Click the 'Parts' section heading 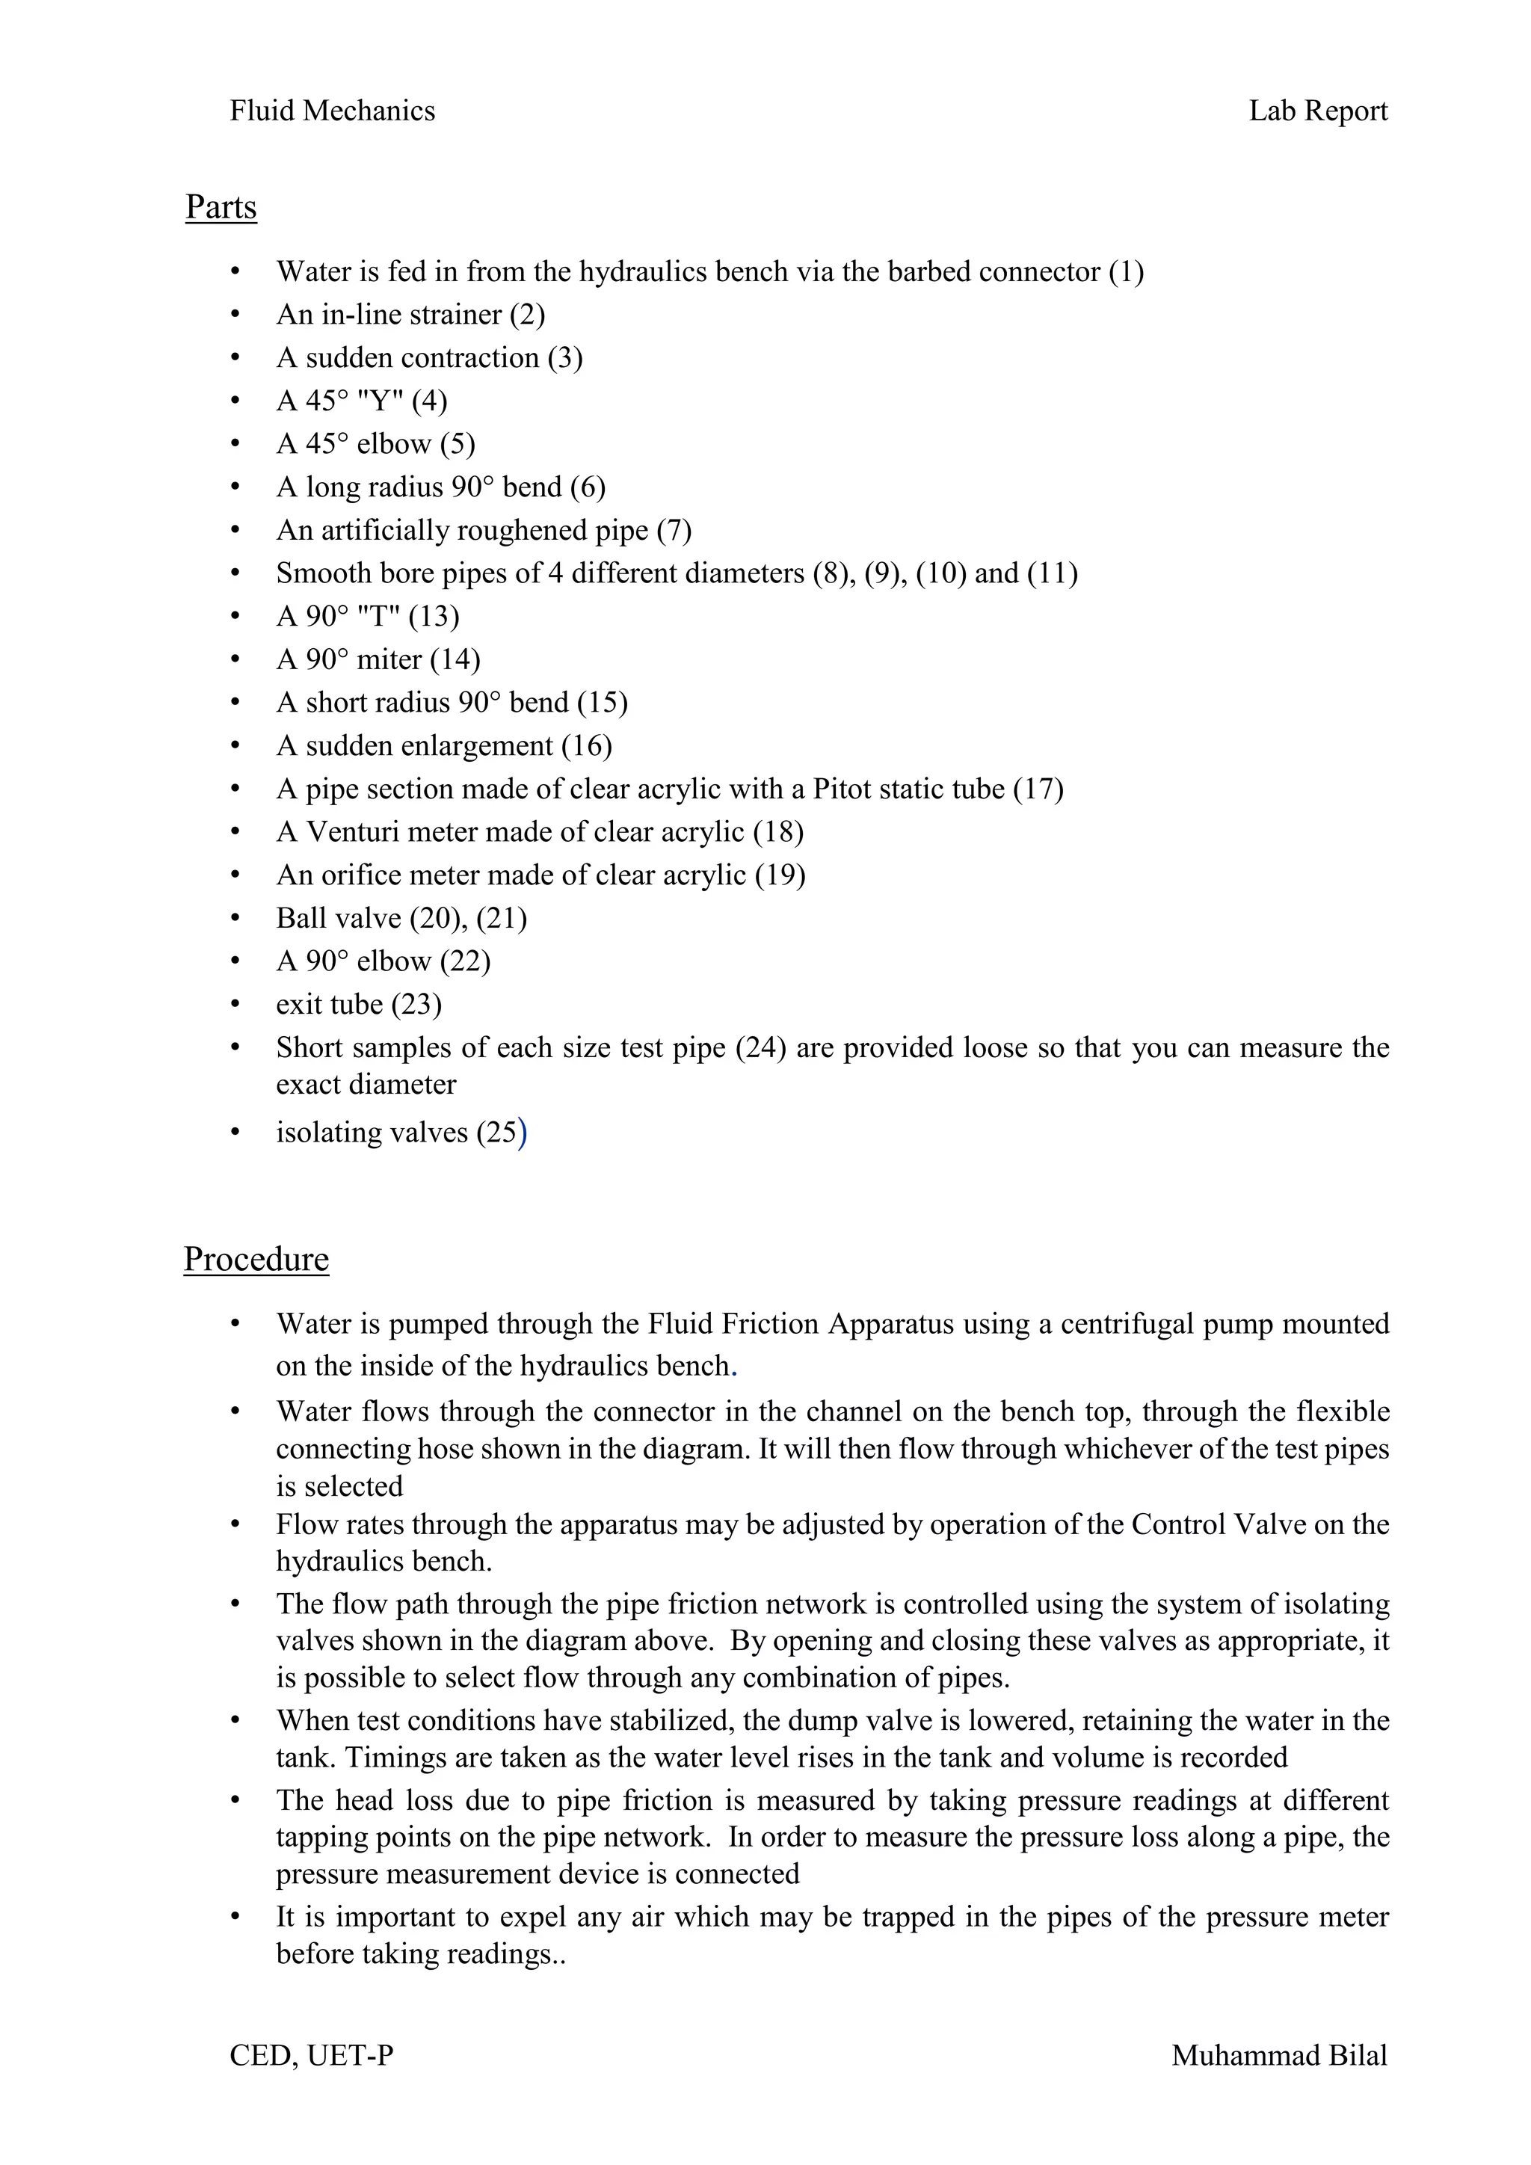221,206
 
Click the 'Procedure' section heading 256,1259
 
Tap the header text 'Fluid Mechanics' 332,111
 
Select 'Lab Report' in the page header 1317,111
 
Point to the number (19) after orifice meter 780,876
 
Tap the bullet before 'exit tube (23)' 235,1005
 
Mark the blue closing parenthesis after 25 523,1133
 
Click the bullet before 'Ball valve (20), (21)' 235,919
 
